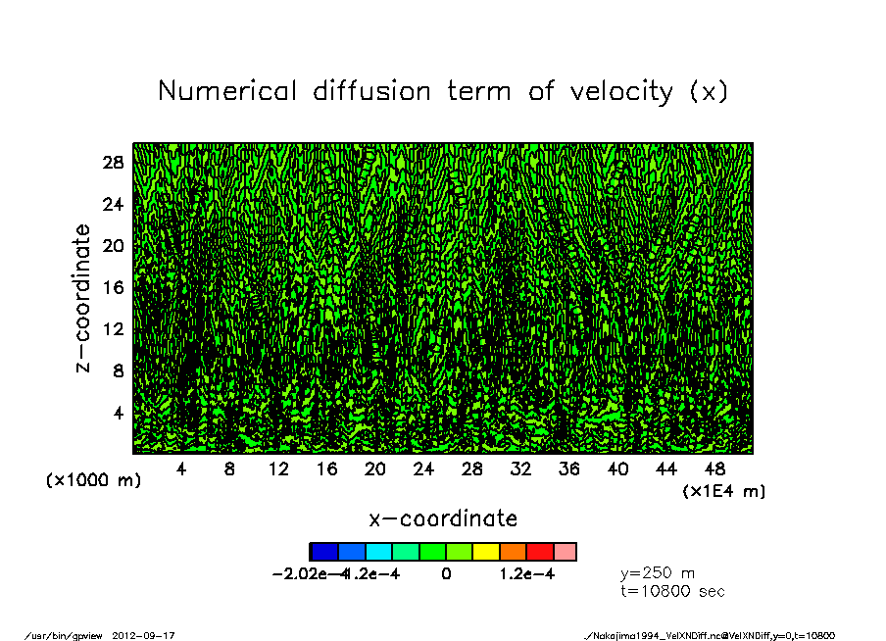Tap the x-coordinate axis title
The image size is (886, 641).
pos(443,518)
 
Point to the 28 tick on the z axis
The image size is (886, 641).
pos(114,163)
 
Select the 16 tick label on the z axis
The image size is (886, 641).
pos(114,287)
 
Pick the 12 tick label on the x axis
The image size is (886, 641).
pos(278,469)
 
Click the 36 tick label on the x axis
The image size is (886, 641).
pos(569,469)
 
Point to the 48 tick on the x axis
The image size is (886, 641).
pos(714,469)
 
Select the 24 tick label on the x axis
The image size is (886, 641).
pos(423,469)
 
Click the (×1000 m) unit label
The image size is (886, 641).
pos(88,481)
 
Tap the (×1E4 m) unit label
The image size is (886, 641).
pos(723,490)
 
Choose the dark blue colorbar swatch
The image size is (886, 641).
pos(323,552)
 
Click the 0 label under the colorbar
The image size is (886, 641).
pos(446,574)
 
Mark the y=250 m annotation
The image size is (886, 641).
pos(658,573)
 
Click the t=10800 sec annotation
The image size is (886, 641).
pos(672,591)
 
